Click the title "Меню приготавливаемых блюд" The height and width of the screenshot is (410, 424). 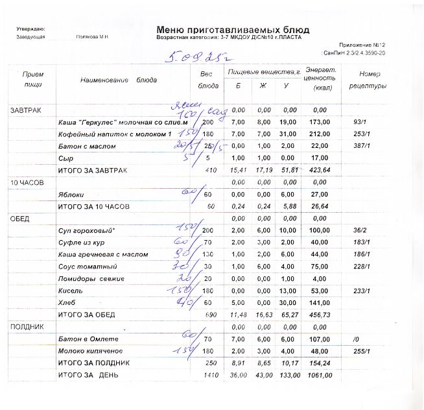(x=232, y=30)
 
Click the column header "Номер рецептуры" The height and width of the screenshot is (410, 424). (x=368, y=80)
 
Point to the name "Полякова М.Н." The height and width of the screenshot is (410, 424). (x=91, y=38)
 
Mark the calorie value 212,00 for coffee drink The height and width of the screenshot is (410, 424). (x=322, y=134)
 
